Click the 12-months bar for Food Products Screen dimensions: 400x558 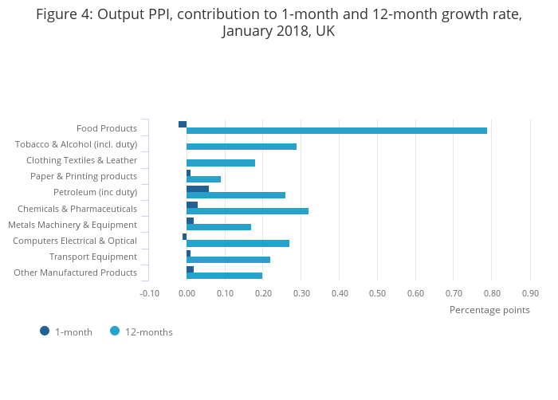point(336,131)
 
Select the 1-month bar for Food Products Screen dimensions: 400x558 point(183,124)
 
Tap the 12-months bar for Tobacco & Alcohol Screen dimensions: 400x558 point(242,147)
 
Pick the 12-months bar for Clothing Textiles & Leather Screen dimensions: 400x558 point(221,163)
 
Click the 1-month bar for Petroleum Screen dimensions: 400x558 point(198,189)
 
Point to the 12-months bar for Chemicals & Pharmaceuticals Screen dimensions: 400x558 point(247,211)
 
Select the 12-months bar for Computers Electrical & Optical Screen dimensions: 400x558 point(238,243)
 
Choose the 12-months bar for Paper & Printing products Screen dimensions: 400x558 point(203,179)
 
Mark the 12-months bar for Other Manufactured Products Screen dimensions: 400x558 point(224,276)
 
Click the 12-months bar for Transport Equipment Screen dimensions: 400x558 point(228,260)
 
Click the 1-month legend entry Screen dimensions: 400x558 point(67,331)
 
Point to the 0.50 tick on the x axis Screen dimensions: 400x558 point(377,293)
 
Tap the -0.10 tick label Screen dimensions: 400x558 point(149,293)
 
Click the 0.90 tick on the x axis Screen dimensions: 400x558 point(530,293)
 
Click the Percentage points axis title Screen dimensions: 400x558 point(489,310)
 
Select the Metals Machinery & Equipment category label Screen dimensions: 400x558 point(73,225)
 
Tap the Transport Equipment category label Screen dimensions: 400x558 point(93,257)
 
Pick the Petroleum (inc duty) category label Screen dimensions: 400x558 point(95,192)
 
